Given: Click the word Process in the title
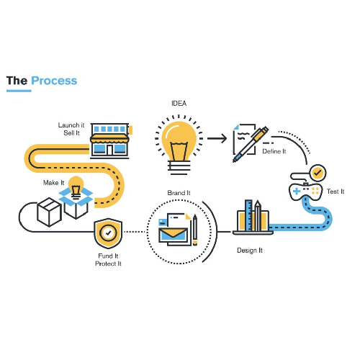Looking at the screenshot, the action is (54, 81).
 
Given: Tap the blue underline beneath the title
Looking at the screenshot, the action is (19, 91).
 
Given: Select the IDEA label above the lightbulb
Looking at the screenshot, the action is (179, 104).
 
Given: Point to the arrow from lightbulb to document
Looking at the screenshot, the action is (217, 138).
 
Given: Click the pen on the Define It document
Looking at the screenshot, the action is (251, 144).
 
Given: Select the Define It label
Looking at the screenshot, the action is (274, 151).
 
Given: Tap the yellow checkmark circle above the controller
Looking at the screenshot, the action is (318, 173).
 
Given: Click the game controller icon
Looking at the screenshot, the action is (305, 192).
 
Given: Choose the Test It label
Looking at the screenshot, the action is (336, 192).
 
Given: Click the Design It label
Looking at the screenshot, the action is (250, 251).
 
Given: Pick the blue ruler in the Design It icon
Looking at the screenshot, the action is (248, 215).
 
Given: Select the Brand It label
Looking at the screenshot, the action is (179, 193).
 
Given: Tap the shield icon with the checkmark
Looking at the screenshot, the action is (108, 233).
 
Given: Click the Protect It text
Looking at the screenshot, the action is (108, 264).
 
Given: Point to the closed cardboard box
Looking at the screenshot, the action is (49, 212).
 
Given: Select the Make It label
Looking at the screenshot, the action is (53, 183).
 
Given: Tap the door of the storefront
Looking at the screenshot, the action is (109, 150).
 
